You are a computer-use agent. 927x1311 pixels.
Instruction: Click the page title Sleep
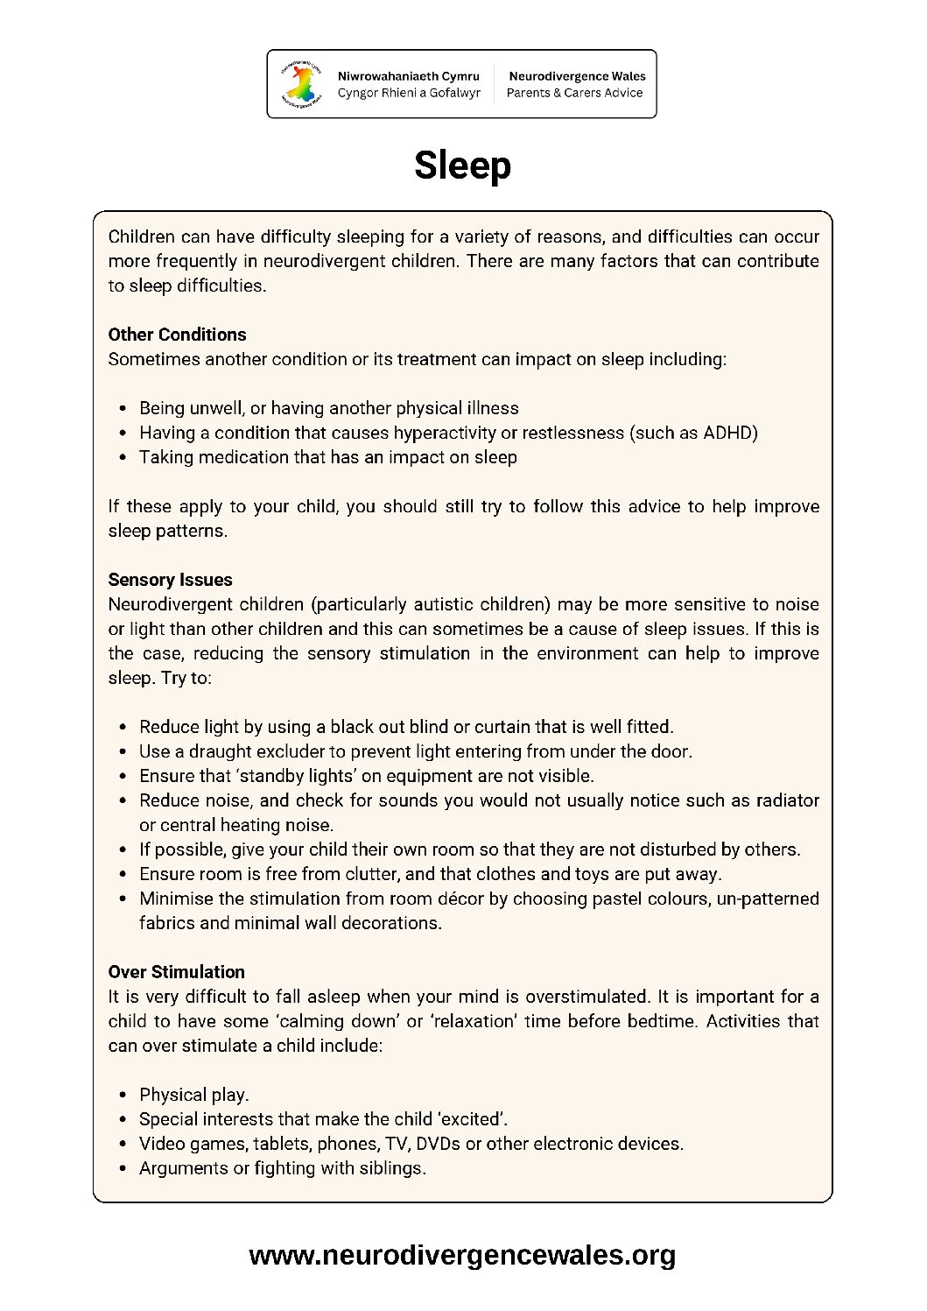pos(462,166)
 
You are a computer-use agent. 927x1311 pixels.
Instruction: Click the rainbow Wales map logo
pos(302,84)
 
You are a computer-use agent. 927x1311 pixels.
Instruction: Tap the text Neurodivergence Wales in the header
pos(577,76)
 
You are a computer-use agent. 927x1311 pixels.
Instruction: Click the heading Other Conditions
pos(177,335)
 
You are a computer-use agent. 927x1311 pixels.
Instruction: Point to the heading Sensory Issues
pos(170,580)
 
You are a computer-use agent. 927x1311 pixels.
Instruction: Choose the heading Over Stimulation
pos(176,972)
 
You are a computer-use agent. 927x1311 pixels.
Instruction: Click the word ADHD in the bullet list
pos(728,433)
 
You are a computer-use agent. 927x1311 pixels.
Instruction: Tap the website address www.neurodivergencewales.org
pos(462,1255)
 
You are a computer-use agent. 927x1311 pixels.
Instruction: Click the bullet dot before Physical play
pos(122,1095)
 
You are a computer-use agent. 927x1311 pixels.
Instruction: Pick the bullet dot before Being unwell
pos(122,408)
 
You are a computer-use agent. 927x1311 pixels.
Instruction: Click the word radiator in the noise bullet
pos(787,800)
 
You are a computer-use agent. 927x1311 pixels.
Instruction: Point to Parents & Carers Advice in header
pos(574,93)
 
